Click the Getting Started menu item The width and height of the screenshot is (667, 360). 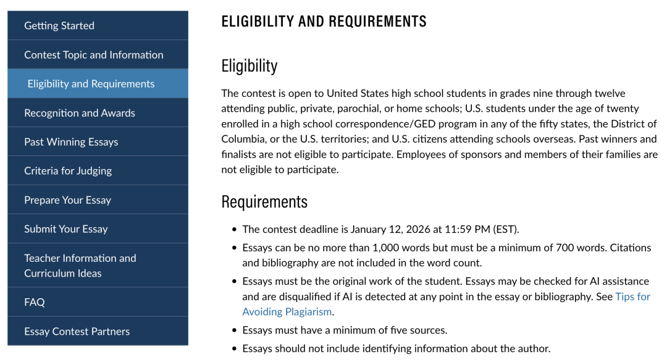[x=59, y=25]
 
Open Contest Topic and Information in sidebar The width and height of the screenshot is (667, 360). [x=94, y=54]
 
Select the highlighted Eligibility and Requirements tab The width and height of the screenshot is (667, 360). [x=91, y=83]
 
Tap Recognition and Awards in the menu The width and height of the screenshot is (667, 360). [x=80, y=112]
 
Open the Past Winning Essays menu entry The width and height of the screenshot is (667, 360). [x=71, y=141]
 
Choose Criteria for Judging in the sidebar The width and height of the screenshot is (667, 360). [x=68, y=170]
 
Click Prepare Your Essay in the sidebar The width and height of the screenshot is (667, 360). [x=67, y=199]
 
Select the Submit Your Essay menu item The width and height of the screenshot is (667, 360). [x=66, y=228]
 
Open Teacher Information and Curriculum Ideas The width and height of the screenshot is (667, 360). [x=80, y=266]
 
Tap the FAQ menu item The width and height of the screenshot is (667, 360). [x=35, y=302]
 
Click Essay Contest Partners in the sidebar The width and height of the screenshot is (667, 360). [x=77, y=331]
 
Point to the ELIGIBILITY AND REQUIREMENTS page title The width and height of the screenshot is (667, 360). [x=324, y=22]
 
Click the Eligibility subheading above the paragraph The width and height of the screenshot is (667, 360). [x=250, y=65]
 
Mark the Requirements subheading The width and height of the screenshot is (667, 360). [x=264, y=201]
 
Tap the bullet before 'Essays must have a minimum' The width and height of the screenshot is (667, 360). [x=235, y=330]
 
